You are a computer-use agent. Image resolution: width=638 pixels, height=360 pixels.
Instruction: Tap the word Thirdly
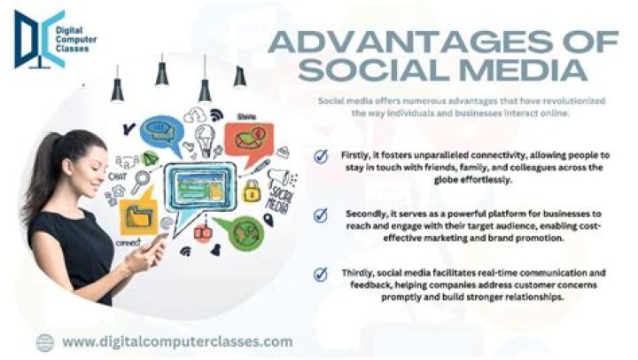360,273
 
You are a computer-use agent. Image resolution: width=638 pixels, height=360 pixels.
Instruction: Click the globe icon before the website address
45,341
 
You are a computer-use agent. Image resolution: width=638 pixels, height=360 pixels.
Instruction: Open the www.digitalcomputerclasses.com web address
177,341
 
